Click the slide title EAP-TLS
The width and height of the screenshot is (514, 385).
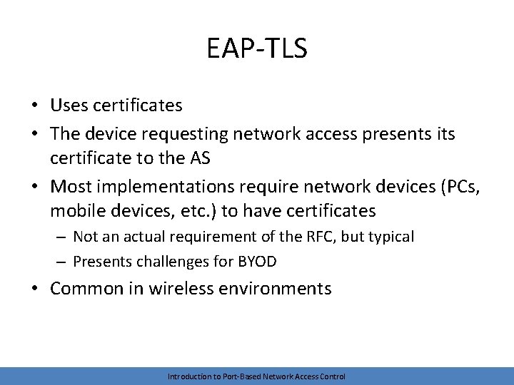coord(256,48)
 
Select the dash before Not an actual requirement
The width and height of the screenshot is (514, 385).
coord(61,236)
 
